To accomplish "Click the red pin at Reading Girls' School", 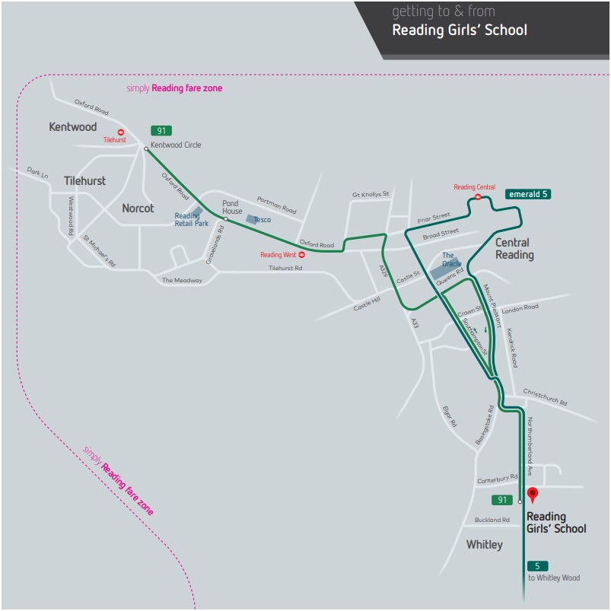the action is point(533,494).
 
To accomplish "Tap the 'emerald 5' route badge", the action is point(528,194).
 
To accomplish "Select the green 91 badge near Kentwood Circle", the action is point(161,131).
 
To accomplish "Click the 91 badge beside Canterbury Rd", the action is point(502,500).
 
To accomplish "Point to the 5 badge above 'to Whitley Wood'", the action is point(537,566).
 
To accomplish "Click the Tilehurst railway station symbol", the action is point(121,132).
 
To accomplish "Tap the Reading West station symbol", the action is point(301,255).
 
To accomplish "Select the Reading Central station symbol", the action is point(478,197).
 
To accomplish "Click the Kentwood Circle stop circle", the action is point(146,149).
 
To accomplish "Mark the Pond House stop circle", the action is point(226,219).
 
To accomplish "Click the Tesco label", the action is point(263,220).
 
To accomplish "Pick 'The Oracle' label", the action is point(452,259).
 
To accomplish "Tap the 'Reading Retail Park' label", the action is point(191,220).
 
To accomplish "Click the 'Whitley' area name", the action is point(485,545).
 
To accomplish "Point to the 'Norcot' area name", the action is point(138,208).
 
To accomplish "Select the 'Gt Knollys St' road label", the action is point(371,194).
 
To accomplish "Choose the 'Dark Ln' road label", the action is point(37,173).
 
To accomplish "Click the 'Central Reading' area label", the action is point(514,249).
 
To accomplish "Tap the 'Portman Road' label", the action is point(277,205).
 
